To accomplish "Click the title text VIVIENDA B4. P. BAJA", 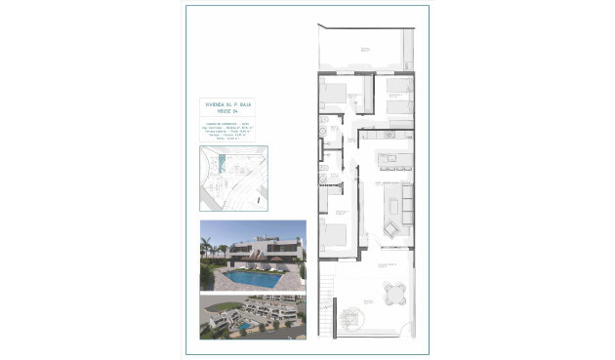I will click(x=226, y=102).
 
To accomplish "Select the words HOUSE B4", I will click(x=226, y=109).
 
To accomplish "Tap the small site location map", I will click(x=234, y=178).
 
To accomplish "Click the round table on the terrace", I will click(x=393, y=291).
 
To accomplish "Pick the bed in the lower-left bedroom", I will click(x=333, y=235).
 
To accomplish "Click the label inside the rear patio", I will click(x=363, y=46).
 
